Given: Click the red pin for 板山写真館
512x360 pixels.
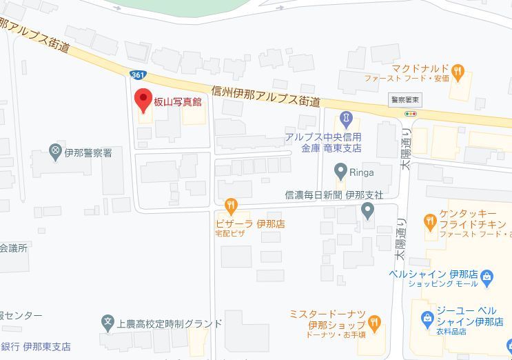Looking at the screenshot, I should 143,101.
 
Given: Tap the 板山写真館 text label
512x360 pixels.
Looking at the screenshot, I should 177,102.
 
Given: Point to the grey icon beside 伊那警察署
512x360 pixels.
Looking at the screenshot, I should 56,150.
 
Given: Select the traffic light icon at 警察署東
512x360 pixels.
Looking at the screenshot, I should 411,113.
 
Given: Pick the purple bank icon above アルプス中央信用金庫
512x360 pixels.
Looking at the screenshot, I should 346,118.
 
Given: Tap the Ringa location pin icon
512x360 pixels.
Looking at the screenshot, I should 340,170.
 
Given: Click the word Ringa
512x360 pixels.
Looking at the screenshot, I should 362,172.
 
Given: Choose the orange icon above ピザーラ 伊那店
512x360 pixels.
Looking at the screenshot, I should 230,205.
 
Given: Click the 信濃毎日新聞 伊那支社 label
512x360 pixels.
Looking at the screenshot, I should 334,194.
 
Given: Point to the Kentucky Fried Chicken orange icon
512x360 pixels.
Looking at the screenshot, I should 430,221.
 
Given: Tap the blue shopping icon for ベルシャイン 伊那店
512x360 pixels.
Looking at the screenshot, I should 488,278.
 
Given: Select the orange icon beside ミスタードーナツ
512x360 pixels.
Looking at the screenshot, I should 374,321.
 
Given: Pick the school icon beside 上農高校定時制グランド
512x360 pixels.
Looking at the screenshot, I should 107,321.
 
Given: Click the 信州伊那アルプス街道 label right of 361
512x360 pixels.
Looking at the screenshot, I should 266,96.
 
